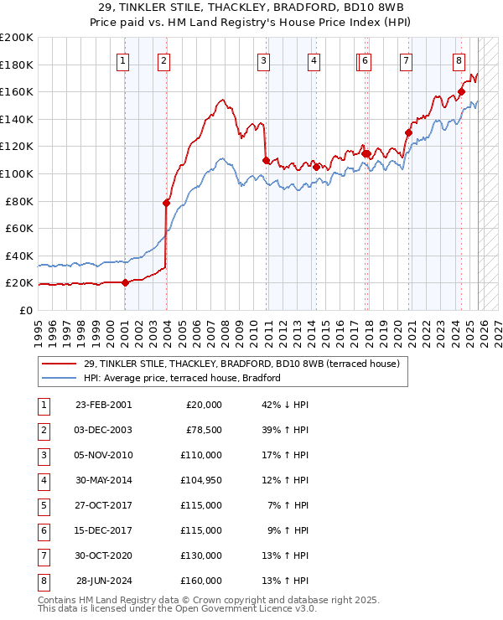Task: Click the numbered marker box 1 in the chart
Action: (123, 60)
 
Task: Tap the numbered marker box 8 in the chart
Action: (459, 60)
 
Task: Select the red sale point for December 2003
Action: (166, 203)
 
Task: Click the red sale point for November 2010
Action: (266, 160)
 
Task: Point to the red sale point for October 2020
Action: (408, 132)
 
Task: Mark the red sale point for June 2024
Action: (461, 91)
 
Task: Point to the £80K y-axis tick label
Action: (19, 201)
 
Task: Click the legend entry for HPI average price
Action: (181, 378)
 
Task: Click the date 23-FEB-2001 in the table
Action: (103, 405)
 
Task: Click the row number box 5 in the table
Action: (42, 506)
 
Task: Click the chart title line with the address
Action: (251, 6)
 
